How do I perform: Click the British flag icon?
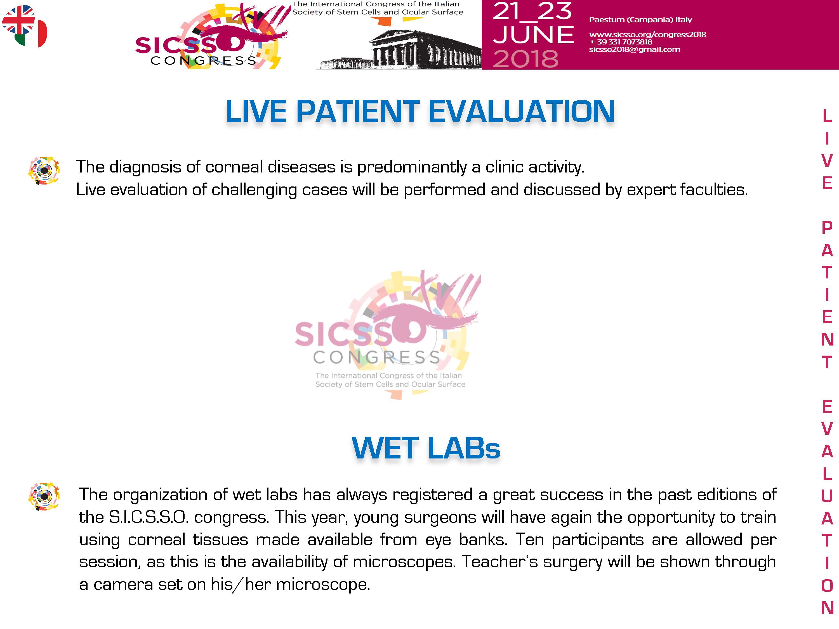tap(18, 20)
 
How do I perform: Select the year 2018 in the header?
tap(526, 59)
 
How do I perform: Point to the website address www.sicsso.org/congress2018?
tap(647, 34)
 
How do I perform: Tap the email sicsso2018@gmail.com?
tap(635, 49)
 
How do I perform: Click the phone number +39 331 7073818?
tap(621, 42)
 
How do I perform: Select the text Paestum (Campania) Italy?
tap(641, 20)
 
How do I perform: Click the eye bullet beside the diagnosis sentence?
tap(44, 171)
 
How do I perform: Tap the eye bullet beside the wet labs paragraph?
tap(44, 496)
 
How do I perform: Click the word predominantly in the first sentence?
tap(412, 167)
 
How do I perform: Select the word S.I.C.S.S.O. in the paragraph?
tap(149, 517)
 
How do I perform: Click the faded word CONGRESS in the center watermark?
tap(377, 358)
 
